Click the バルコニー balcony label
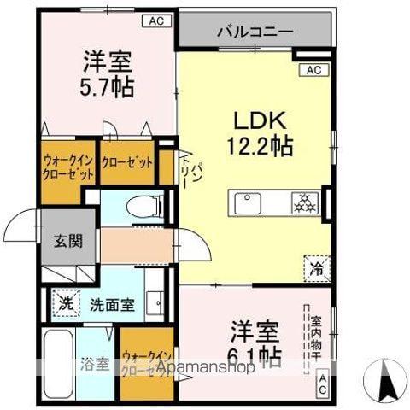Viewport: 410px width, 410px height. click(x=254, y=31)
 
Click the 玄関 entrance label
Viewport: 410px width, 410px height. click(x=70, y=242)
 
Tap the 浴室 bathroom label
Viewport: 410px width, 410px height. click(x=94, y=364)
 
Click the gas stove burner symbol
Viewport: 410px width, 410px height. click(x=303, y=204)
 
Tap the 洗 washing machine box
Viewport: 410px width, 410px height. click(x=65, y=302)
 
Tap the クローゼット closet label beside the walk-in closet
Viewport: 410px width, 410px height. click(x=127, y=163)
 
